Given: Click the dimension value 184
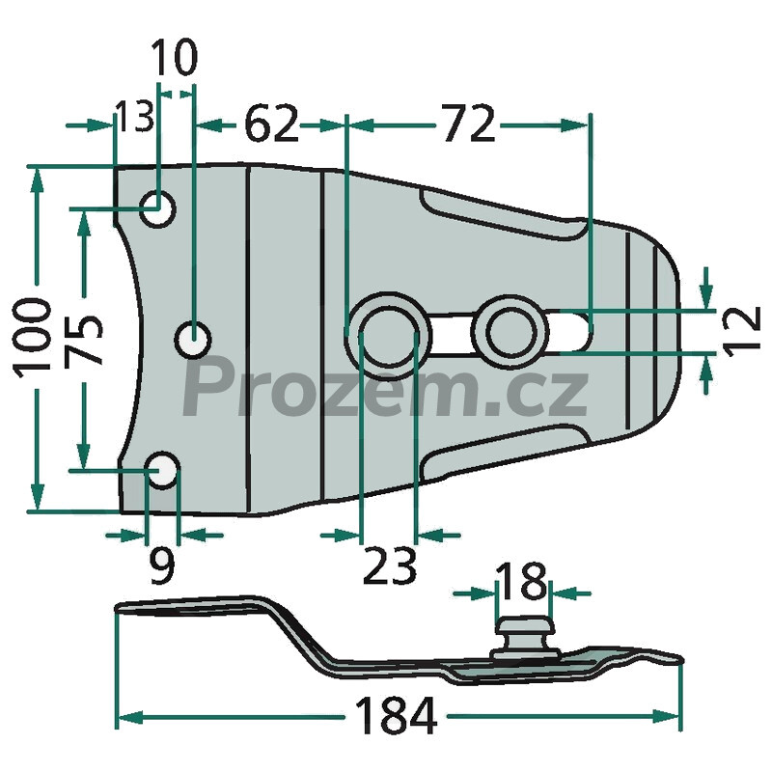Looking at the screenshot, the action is pyautogui.click(x=396, y=715).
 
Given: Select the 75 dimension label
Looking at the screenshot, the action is pyautogui.click(x=83, y=340).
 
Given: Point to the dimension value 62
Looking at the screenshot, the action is pyautogui.click(x=272, y=124).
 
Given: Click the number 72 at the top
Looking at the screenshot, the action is pyautogui.click(x=468, y=124).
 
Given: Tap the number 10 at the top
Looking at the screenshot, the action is pyautogui.click(x=175, y=57).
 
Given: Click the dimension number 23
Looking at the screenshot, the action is pyautogui.click(x=389, y=565).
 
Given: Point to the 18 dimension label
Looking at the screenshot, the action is pyautogui.click(x=521, y=581).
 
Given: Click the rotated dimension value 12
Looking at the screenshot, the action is pyautogui.click(x=742, y=329).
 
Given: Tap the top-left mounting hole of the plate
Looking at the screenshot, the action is pyautogui.click(x=157, y=209).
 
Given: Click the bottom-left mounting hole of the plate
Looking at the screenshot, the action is pyautogui.click(x=161, y=470).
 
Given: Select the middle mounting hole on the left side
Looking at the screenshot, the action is pyautogui.click(x=194, y=340).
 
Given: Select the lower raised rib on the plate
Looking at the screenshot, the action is pyautogui.click(x=505, y=452).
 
